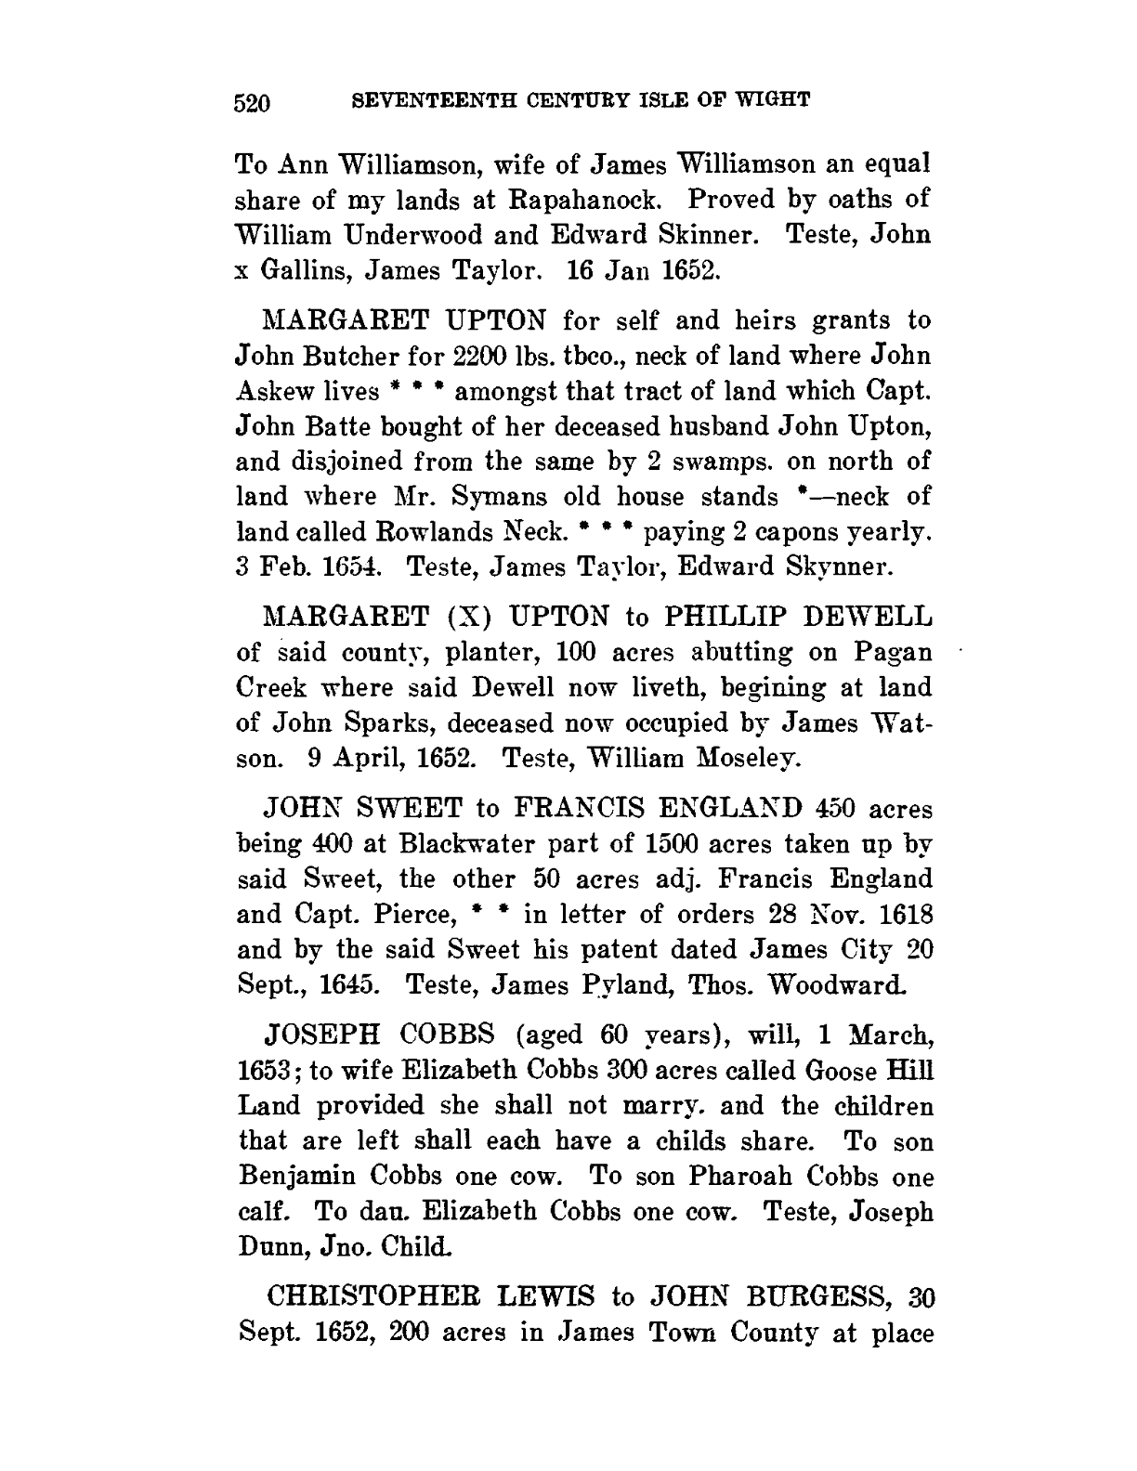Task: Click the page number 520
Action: coord(251,101)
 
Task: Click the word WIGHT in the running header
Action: coord(777,98)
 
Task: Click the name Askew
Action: coord(278,391)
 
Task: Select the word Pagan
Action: coord(892,652)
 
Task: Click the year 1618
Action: coord(898,915)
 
